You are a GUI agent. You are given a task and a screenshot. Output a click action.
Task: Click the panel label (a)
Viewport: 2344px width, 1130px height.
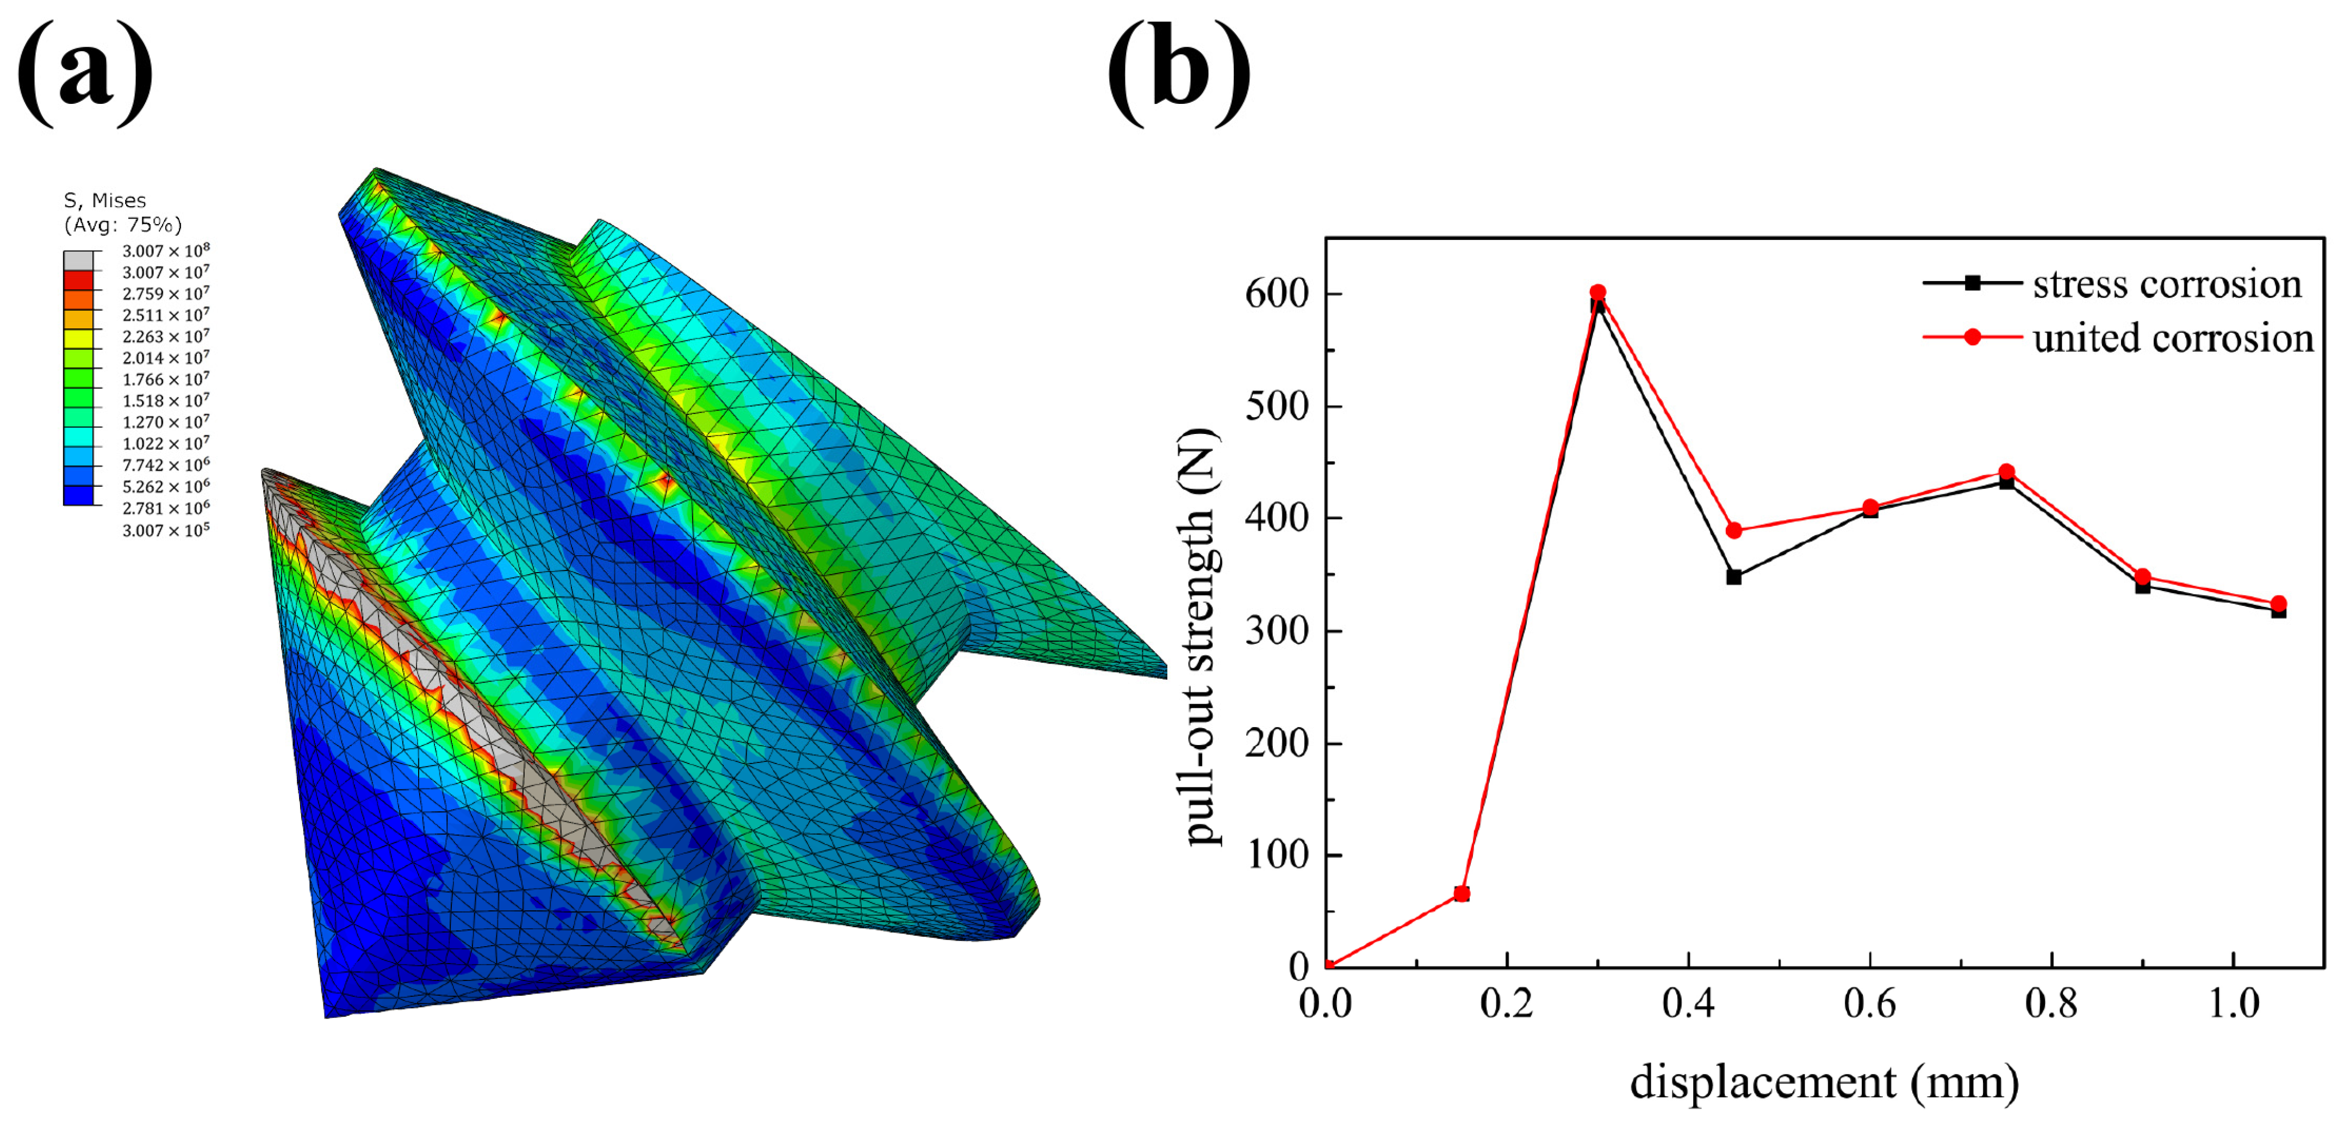click(85, 73)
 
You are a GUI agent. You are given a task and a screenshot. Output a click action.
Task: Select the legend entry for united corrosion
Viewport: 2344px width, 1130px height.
click(2172, 338)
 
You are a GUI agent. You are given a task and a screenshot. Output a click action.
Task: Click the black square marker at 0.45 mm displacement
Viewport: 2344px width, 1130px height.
click(1733, 577)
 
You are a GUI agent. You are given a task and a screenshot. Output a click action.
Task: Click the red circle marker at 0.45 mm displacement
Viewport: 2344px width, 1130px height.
click(1733, 530)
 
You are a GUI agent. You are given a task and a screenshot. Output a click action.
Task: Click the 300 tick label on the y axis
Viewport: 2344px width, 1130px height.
click(1277, 630)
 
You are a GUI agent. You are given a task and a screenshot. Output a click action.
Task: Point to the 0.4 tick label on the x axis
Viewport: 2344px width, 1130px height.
click(1688, 1003)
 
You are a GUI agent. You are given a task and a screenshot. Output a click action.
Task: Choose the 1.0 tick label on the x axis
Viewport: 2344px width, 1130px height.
click(2234, 1003)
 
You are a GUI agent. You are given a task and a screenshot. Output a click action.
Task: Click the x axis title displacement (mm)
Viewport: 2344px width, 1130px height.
click(1824, 1082)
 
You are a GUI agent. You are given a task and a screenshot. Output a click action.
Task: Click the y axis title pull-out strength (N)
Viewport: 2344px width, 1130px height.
click(1199, 637)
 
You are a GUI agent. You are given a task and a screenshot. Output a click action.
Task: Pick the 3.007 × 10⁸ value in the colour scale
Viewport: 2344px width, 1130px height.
click(166, 250)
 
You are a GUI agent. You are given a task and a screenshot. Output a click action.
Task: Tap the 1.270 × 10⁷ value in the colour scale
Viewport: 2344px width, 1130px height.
click(166, 422)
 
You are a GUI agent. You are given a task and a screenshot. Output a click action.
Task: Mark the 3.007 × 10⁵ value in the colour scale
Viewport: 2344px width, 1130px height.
click(166, 530)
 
